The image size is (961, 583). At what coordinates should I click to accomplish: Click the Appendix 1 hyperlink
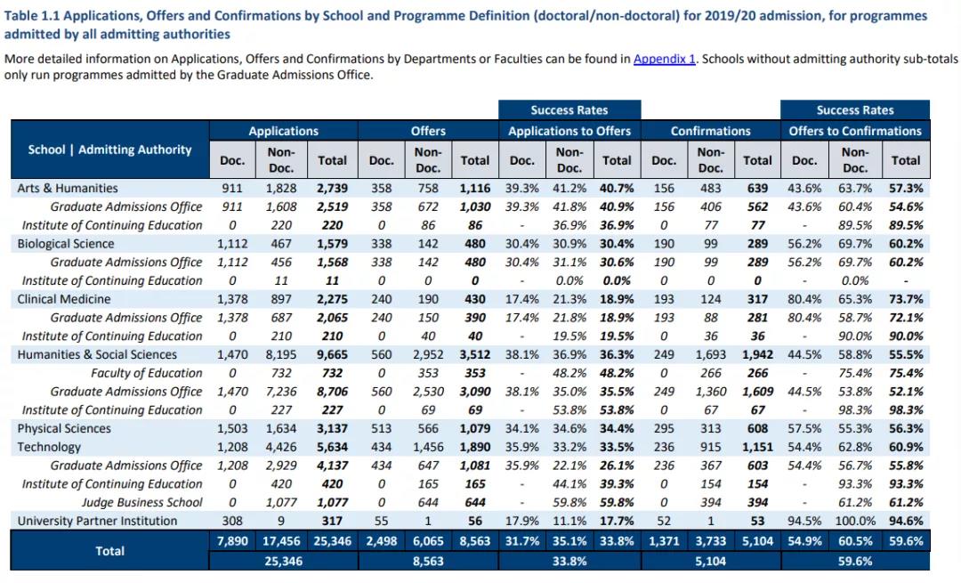pos(664,59)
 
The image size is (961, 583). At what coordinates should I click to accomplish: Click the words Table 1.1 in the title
pos(33,16)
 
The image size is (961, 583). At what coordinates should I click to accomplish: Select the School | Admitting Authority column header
pos(109,150)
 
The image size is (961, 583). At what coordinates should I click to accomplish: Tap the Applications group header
pos(283,131)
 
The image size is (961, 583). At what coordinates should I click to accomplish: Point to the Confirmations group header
pos(710,131)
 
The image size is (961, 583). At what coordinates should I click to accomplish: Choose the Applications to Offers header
pos(569,131)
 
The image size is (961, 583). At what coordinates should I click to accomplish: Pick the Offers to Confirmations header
pos(855,131)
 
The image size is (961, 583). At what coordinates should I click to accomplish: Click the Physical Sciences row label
pos(64,428)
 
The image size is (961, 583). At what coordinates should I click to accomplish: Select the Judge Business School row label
pos(141,502)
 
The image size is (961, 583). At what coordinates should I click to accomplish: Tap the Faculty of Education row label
pos(146,373)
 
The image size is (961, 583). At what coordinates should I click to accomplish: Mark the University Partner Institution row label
pos(97,521)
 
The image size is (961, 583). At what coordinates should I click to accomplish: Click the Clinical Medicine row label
pos(64,299)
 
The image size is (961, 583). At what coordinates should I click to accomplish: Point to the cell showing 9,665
pos(332,354)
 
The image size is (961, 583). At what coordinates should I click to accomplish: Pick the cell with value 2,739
pos(332,188)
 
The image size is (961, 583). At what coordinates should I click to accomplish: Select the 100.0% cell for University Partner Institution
pos(854,521)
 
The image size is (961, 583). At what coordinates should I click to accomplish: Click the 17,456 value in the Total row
pos(280,541)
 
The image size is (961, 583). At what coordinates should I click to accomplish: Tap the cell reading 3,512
pos(474,354)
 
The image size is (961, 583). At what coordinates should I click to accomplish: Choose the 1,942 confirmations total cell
pos(756,354)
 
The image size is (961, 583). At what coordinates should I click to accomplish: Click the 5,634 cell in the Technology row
pos(332,447)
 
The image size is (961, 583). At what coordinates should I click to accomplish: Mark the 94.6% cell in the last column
pos(906,521)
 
